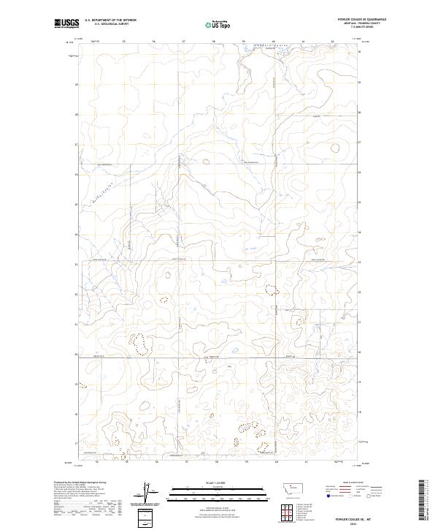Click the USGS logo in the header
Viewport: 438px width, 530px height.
[67, 23]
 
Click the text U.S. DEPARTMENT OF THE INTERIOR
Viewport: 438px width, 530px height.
[110, 20]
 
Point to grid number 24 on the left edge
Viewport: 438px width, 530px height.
[77, 234]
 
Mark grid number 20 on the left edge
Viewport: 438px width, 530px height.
[77, 354]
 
